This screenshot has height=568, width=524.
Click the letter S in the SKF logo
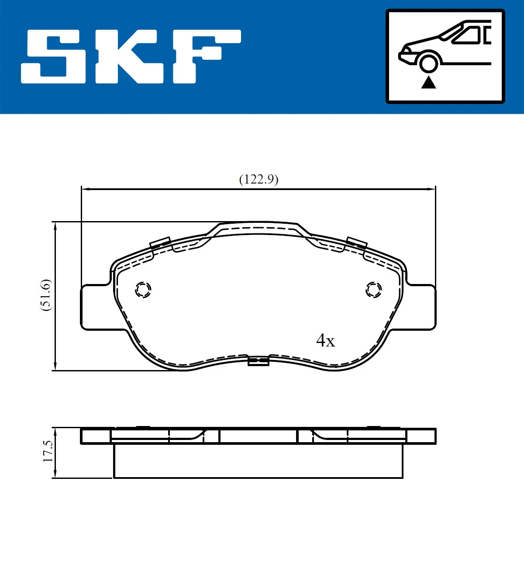53,56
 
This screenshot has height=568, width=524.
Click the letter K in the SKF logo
129,56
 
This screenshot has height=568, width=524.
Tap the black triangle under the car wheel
428,83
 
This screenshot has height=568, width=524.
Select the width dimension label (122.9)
259,179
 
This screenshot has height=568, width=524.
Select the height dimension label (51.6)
46,295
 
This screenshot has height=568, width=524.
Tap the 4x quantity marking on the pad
325,340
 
